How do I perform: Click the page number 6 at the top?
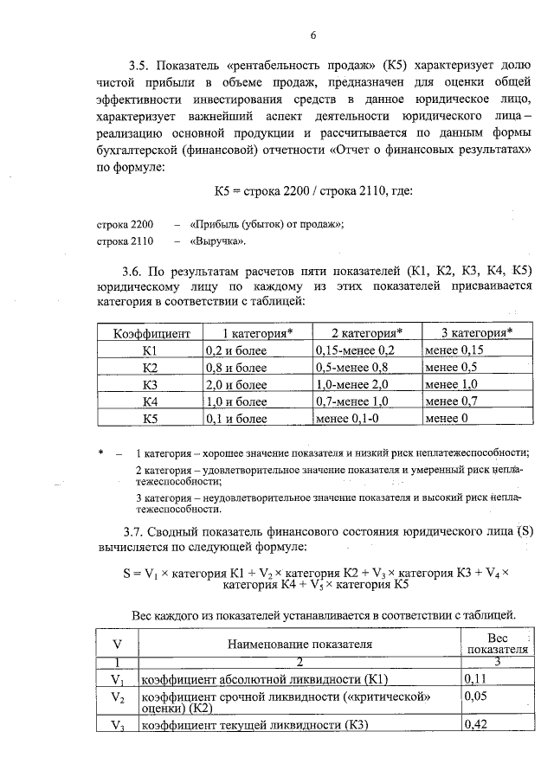313,35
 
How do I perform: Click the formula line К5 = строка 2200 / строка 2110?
312,190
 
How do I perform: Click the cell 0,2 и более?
235,350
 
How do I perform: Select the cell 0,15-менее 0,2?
356,350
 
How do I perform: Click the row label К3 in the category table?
149,384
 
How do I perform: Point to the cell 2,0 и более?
235,384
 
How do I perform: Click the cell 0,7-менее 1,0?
356,401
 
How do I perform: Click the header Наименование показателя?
300,644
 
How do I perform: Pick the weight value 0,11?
477,680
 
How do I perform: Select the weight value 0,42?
477,725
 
